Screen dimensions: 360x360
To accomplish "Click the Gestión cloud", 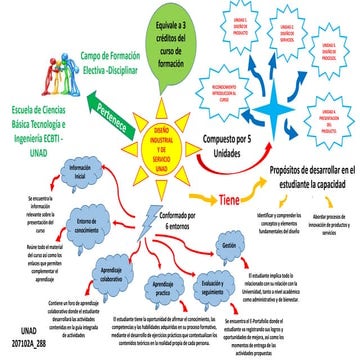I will click(x=229, y=245).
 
